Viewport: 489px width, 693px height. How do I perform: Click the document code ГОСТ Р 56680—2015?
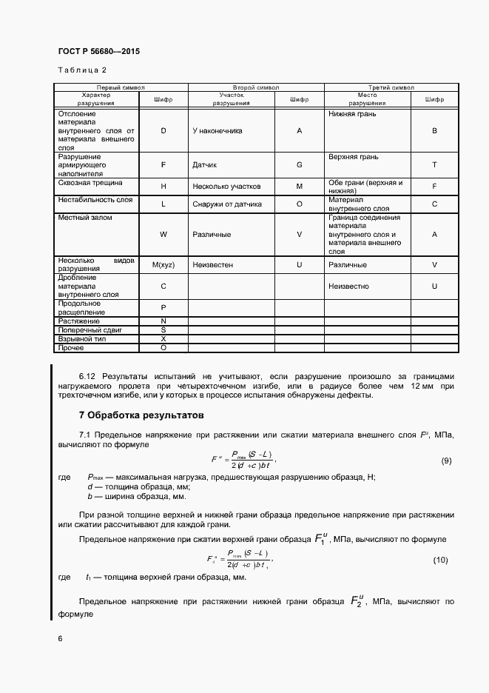point(98,52)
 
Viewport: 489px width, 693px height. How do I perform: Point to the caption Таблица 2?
point(82,70)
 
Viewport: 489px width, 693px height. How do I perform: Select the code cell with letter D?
point(163,130)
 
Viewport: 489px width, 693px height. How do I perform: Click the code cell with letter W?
point(163,235)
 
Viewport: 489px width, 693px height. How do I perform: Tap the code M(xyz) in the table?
point(163,264)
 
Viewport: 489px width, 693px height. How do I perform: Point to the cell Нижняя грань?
point(352,115)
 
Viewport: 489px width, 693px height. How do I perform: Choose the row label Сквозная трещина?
point(84,182)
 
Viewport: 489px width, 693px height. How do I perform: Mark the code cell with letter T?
point(434,164)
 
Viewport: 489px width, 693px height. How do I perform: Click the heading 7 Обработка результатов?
point(141,415)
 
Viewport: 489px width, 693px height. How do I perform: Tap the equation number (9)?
point(446,461)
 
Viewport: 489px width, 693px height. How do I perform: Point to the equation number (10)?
point(440,560)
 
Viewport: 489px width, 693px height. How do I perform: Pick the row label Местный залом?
point(81,218)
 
